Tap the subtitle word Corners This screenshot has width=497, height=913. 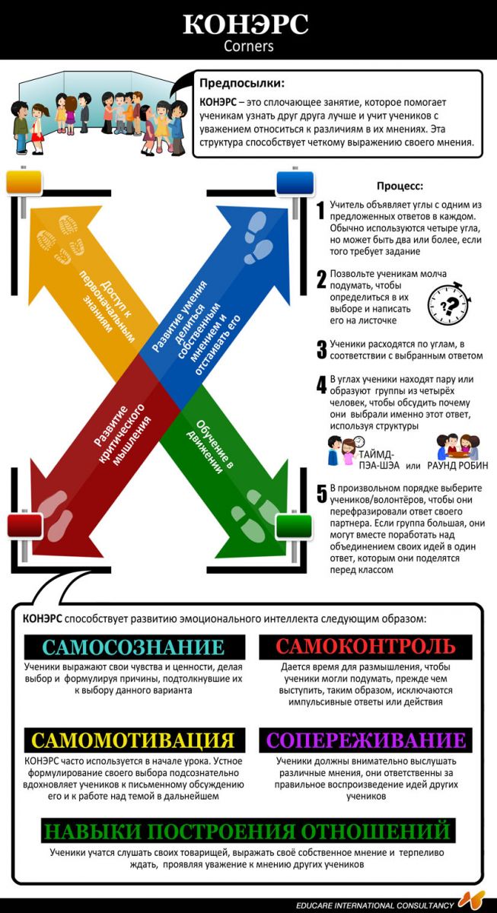[x=248, y=46]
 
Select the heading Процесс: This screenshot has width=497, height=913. [x=400, y=186]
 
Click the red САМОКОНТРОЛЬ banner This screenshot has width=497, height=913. [x=365, y=647]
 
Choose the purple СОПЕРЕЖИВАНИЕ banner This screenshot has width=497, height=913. [x=365, y=740]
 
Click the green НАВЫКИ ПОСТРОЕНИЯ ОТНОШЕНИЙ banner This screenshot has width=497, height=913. [x=248, y=830]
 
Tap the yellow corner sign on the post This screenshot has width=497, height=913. [x=25, y=183]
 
